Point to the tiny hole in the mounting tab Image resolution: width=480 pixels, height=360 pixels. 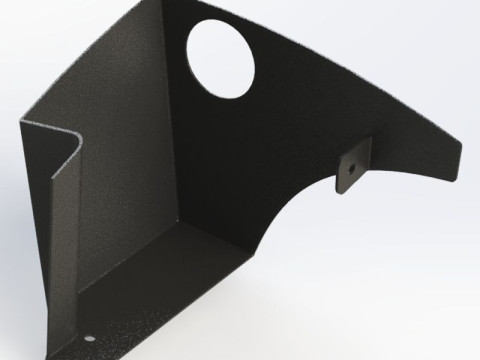click(x=353, y=165)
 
